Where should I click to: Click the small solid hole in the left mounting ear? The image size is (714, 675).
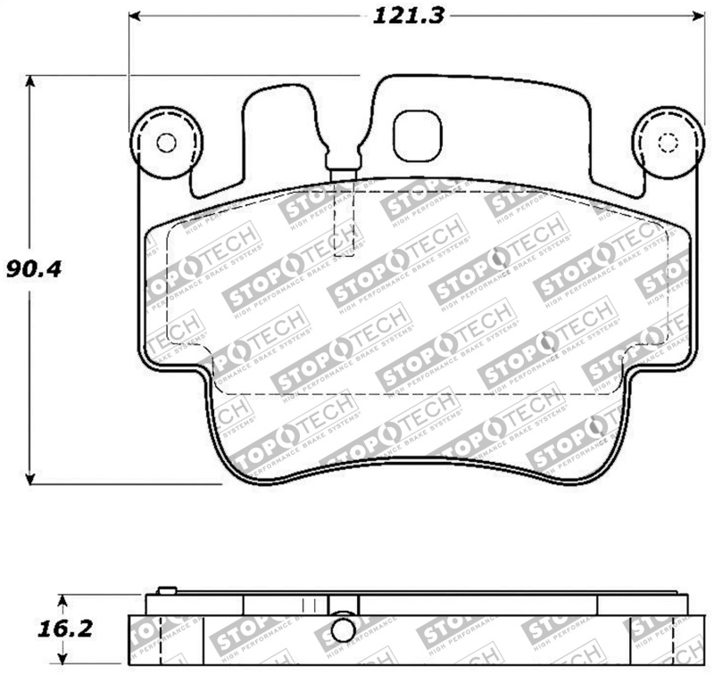pyautogui.click(x=166, y=143)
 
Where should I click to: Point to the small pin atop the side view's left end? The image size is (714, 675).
pyautogui.click(x=165, y=589)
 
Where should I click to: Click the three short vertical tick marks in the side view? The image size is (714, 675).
pyautogui.click(x=310, y=605)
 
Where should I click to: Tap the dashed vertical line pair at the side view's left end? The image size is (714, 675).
pyautogui.click(x=159, y=638)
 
